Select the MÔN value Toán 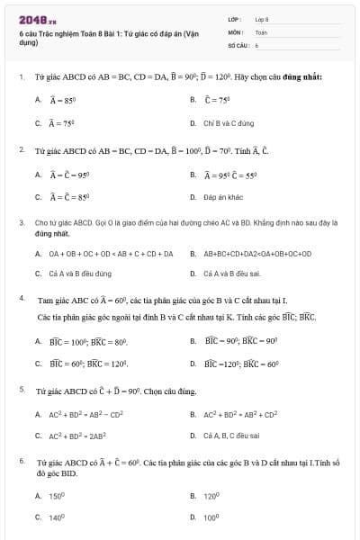tap(261, 31)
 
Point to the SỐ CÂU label tap(237, 44)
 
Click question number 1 tap(21, 77)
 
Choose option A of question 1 tap(60, 99)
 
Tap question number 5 tap(21, 390)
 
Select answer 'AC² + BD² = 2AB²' tap(70, 436)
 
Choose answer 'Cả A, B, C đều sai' tap(231, 436)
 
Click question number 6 tap(21, 460)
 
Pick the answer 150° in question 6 tap(58, 496)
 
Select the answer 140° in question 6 tap(58, 517)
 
